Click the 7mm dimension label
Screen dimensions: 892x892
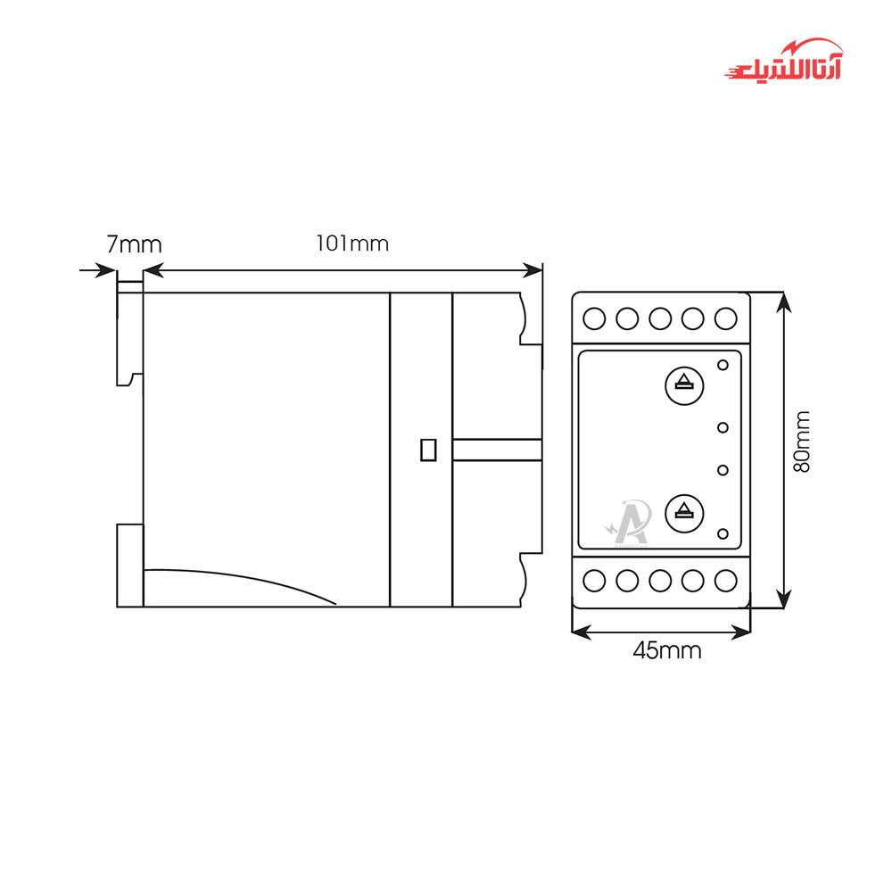(x=135, y=244)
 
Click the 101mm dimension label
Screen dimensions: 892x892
(x=352, y=243)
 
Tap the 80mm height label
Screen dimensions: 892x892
(x=803, y=442)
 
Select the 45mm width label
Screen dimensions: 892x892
(x=666, y=650)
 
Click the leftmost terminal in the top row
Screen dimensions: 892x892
(x=594, y=318)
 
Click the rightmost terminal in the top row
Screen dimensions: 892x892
(x=726, y=318)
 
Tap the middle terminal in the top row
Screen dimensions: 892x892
(x=660, y=318)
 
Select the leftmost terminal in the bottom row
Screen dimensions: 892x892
(x=594, y=582)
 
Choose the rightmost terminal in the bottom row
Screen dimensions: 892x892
(x=726, y=582)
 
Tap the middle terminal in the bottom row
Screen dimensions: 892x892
(x=660, y=582)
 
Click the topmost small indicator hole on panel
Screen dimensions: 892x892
(x=723, y=364)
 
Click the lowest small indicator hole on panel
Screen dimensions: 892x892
(x=723, y=533)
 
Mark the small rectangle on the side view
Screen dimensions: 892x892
(x=427, y=450)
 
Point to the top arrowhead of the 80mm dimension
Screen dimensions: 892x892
(x=783, y=301)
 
